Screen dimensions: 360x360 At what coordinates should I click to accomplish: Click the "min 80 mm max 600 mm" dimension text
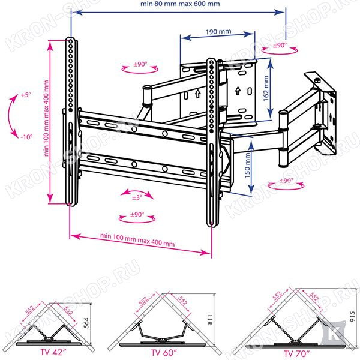[180, 4]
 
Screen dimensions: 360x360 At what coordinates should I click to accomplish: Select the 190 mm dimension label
[218, 31]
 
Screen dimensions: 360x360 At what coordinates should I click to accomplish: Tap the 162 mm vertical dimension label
[266, 88]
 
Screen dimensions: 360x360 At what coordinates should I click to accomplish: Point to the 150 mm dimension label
[247, 166]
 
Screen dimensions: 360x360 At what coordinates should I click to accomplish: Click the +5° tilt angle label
[26, 95]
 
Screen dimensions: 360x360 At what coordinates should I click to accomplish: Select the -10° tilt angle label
[26, 137]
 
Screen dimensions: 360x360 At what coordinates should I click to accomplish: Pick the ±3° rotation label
[137, 197]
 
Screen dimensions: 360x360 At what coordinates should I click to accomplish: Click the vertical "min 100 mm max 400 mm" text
[46, 118]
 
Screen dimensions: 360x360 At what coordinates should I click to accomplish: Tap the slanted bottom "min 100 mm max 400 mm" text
[137, 240]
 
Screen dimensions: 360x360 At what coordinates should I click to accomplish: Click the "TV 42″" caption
[53, 352]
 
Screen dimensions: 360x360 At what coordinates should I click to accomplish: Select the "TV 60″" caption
[164, 352]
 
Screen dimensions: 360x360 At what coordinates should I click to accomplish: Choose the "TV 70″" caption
[296, 353]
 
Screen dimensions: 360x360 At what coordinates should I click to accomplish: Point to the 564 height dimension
[86, 323]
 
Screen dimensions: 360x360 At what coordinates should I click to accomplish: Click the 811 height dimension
[210, 319]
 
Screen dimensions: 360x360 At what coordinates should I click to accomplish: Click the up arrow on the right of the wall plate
[238, 91]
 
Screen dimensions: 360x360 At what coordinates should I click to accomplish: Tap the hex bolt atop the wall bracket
[317, 80]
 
